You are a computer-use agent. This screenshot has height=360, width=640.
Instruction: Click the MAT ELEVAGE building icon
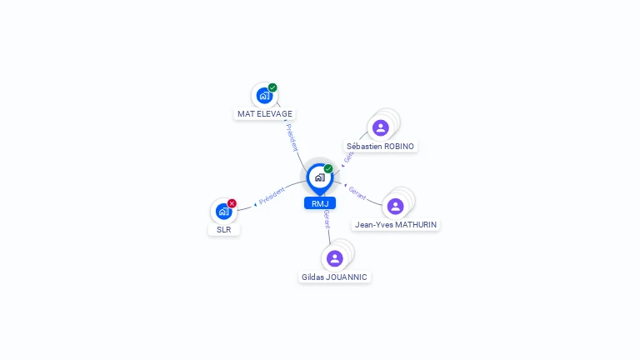pyautogui.click(x=264, y=95)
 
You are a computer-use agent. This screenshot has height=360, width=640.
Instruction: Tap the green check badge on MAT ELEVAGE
pyautogui.click(x=272, y=87)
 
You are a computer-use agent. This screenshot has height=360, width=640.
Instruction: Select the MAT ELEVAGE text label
pyautogui.click(x=265, y=113)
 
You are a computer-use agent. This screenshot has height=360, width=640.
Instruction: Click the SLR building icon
pyautogui.click(x=223, y=212)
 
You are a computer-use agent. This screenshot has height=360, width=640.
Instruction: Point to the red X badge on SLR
pyautogui.click(x=232, y=203)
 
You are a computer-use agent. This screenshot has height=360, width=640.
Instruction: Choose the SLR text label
pyautogui.click(x=223, y=229)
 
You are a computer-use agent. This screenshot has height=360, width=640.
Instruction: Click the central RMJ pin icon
pyautogui.click(x=319, y=177)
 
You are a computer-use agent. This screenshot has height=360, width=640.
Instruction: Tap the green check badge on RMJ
pyautogui.click(x=328, y=168)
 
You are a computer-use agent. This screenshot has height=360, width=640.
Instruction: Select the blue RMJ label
pyautogui.click(x=319, y=203)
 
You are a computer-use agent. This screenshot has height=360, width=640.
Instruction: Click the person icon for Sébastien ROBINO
pyautogui.click(x=381, y=127)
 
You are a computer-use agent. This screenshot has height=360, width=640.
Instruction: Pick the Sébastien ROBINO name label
pyautogui.click(x=380, y=146)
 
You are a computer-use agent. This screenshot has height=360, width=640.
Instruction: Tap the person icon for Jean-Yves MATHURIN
pyautogui.click(x=395, y=206)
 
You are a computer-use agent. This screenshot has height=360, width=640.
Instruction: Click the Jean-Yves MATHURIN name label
pyautogui.click(x=396, y=224)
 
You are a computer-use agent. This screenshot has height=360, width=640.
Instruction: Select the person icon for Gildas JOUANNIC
pyautogui.click(x=334, y=258)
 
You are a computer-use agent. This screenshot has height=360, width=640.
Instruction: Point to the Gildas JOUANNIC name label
pyautogui.click(x=334, y=277)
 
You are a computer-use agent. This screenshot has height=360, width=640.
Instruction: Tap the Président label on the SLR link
pyautogui.click(x=272, y=197)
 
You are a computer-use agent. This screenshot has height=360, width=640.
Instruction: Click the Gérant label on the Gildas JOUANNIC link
pyautogui.click(x=327, y=219)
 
